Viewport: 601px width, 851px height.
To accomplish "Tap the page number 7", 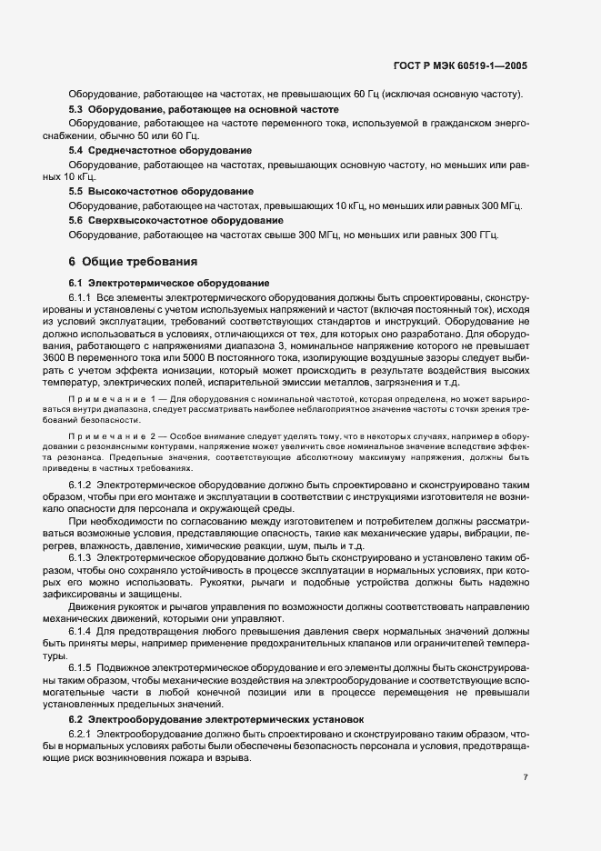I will point(526,777).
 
